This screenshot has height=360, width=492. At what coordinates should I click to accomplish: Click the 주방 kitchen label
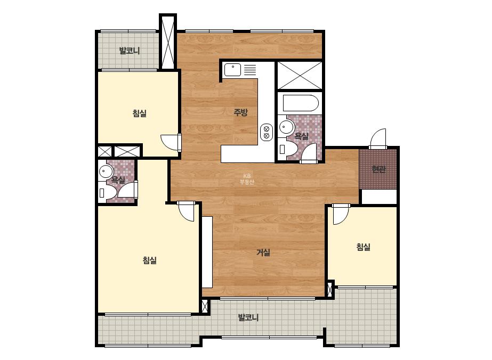click(240, 112)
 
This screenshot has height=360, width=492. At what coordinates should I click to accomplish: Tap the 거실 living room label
click(263, 252)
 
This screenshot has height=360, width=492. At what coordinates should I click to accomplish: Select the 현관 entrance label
click(378, 169)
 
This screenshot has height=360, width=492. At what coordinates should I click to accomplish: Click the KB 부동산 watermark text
click(247, 179)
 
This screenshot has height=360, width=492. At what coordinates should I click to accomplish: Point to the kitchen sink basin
click(232, 70)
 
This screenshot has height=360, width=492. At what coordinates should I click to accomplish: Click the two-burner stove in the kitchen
click(267, 132)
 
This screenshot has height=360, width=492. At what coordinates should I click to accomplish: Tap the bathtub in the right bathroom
click(300, 103)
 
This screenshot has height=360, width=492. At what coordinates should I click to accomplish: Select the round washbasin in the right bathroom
click(286, 127)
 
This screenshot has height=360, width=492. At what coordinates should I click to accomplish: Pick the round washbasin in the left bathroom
click(106, 171)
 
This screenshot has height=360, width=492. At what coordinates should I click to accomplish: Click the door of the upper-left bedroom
click(171, 143)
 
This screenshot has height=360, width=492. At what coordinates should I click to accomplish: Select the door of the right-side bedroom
click(341, 214)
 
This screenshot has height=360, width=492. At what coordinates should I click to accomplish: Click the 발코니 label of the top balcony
click(130, 51)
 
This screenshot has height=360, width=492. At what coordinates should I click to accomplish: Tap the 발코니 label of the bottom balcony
click(248, 317)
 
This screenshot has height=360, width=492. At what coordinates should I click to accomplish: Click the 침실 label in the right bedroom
click(363, 247)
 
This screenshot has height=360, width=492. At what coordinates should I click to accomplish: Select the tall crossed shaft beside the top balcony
click(168, 42)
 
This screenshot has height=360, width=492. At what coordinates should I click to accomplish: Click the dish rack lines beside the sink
click(250, 69)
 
